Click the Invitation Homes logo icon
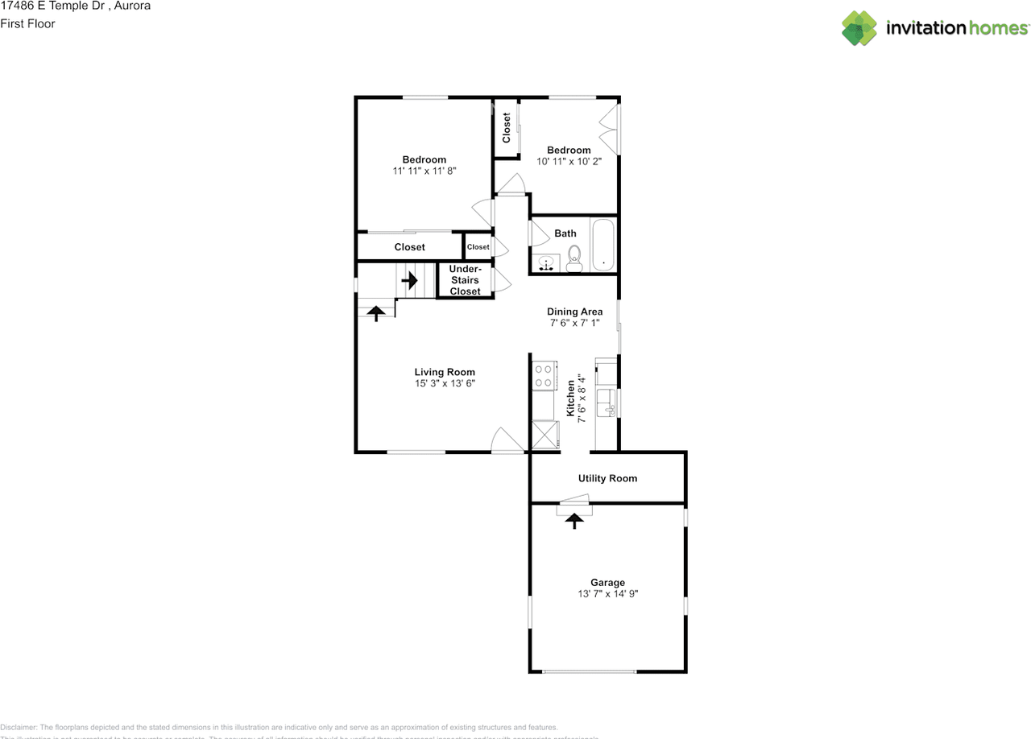pos(859,28)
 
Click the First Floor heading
pos(27,23)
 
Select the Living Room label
pos(445,372)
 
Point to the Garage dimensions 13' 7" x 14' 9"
pos(607,594)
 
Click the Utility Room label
pos(607,478)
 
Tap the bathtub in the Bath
pos(602,246)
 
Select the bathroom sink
pos(547,263)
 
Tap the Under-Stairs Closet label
pos(465,280)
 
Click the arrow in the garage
pos(574,521)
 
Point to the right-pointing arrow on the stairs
pos(410,281)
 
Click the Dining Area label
pos(574,312)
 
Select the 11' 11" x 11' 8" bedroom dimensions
pos(424,171)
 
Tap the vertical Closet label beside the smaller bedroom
pos(507,128)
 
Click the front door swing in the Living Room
pos(507,440)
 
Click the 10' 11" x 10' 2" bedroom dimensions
pos(569,161)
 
